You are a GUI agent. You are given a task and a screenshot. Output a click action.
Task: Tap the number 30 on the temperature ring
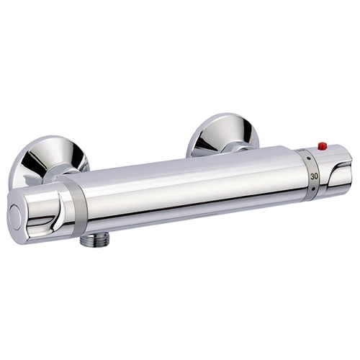(x=314, y=176)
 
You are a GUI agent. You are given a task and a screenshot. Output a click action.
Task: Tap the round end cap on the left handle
(x=17, y=217)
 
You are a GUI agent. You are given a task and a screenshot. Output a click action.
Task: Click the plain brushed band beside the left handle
(x=77, y=207)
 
